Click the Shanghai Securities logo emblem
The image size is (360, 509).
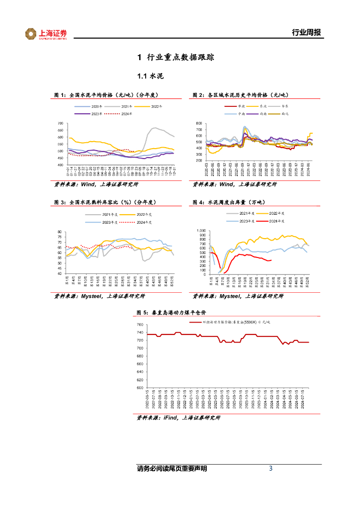[x=31, y=34]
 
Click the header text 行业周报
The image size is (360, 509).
[x=305, y=33]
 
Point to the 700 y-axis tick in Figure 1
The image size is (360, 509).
[x=61, y=123]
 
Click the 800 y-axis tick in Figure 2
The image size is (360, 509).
[x=199, y=123]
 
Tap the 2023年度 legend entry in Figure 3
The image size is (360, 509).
[x=109, y=222]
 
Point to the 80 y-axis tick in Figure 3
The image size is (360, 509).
[x=59, y=232]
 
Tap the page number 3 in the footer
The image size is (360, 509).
[x=270, y=468]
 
